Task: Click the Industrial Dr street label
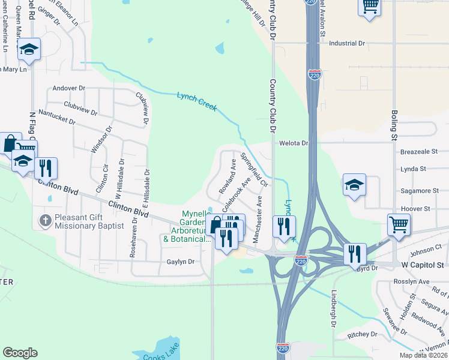[347, 43]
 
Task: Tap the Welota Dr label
[294, 143]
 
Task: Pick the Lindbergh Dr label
[334, 309]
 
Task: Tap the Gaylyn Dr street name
[181, 262]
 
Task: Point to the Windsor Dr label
[101, 139]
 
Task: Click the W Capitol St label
[421, 265]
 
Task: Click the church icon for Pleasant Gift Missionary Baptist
[45, 220]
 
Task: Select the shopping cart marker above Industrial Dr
[370, 7]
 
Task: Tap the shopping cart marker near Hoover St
[399, 225]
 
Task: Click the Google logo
[20, 353]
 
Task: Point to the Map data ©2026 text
[423, 355]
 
